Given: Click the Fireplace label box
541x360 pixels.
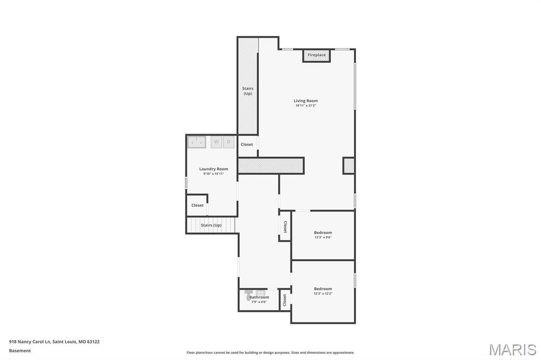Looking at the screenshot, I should pyautogui.click(x=316, y=55).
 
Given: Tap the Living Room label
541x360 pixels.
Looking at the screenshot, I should pyautogui.click(x=306, y=100).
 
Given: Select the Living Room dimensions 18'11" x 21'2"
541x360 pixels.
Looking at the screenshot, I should pyautogui.click(x=306, y=106).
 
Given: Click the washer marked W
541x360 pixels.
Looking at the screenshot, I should pyautogui.click(x=216, y=141).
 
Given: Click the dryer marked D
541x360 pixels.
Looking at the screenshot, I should pyautogui.click(x=229, y=141).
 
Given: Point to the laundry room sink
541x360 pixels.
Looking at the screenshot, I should pyautogui.click(x=197, y=141).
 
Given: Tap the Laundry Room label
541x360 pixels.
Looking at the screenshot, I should pyautogui.click(x=213, y=169).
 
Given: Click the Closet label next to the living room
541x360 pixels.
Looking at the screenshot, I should pyautogui.click(x=247, y=144).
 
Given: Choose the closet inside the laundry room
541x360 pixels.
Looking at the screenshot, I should pyautogui.click(x=197, y=205).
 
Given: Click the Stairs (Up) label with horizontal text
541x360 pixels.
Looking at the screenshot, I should pyautogui.click(x=211, y=225).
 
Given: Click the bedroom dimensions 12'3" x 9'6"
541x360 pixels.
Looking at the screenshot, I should pyautogui.click(x=323, y=238).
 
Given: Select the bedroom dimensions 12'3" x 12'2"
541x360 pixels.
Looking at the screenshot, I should pyautogui.click(x=323, y=293).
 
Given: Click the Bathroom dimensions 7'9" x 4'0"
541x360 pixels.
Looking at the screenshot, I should pyautogui.click(x=259, y=302).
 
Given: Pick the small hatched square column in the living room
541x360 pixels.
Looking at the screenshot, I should pyautogui.click(x=349, y=165).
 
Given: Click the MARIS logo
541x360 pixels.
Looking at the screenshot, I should pyautogui.click(x=512, y=349).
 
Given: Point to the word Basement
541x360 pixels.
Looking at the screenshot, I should pyautogui.click(x=20, y=350).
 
